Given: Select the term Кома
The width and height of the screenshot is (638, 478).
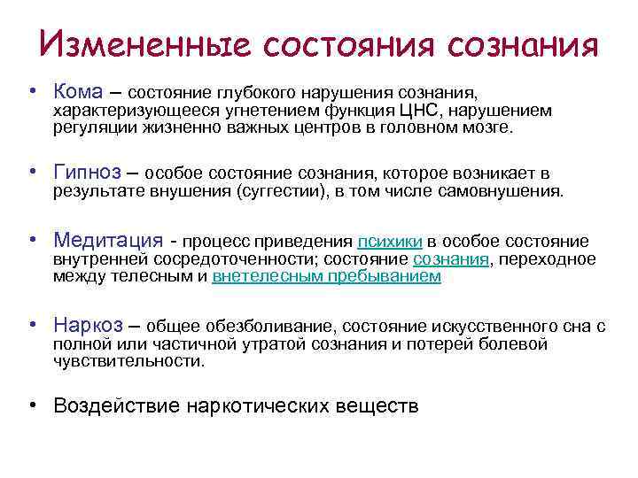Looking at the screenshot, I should tap(80, 91).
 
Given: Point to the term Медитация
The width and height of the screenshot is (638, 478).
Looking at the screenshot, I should tap(108, 241).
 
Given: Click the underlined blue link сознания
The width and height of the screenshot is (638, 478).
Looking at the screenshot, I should tap(451, 259).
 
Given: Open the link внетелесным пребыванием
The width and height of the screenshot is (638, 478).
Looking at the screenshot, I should tap(327, 276).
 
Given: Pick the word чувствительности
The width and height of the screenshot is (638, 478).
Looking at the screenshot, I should tap(128, 361).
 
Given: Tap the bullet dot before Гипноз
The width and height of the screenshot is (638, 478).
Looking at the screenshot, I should tap(31, 172).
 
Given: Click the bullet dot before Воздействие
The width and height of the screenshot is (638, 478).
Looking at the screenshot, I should tap(31, 405).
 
